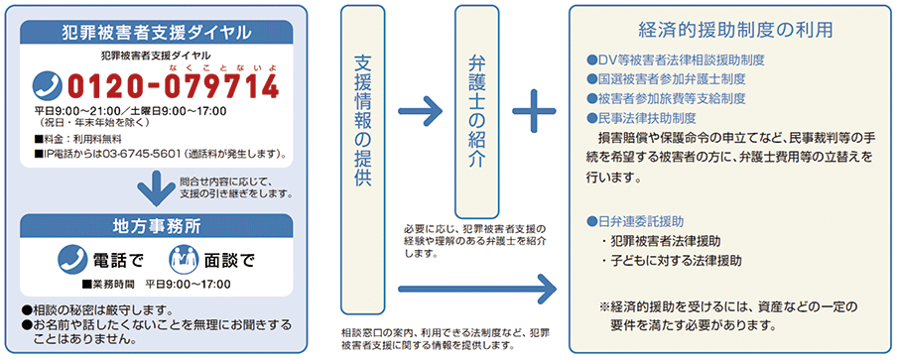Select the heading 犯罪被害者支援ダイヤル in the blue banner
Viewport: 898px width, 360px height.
(x=156, y=31)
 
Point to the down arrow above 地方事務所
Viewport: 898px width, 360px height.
(x=156, y=186)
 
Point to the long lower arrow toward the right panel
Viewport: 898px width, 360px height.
(x=476, y=292)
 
